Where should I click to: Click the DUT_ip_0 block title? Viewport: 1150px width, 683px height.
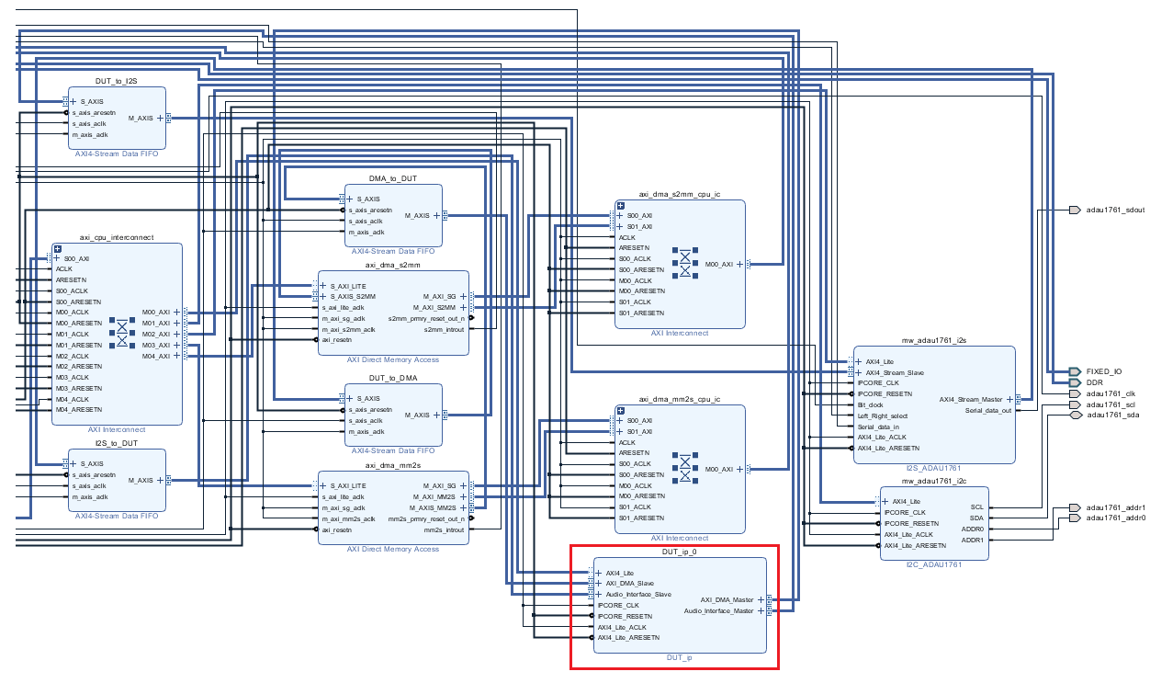(x=679, y=552)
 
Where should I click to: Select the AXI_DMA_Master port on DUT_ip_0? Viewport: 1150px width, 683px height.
(x=727, y=599)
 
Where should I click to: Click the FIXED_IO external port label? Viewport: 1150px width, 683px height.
(x=1103, y=372)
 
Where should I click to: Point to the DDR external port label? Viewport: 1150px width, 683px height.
(x=1095, y=382)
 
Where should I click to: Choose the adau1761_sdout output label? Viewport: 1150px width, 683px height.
(x=1115, y=211)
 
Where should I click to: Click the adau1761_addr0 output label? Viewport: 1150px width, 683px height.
(x=1115, y=518)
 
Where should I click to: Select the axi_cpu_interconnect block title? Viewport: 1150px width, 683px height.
(x=117, y=237)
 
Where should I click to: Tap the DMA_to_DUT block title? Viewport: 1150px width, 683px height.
(x=393, y=178)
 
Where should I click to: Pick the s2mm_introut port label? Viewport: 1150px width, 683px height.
(x=445, y=329)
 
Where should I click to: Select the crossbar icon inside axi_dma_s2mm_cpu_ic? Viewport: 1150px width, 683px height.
(x=684, y=264)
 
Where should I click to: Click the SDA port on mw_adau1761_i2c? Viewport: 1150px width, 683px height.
(x=976, y=518)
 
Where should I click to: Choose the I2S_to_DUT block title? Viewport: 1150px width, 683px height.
(x=117, y=443)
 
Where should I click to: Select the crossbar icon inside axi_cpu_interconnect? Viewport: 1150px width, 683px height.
(x=121, y=334)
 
